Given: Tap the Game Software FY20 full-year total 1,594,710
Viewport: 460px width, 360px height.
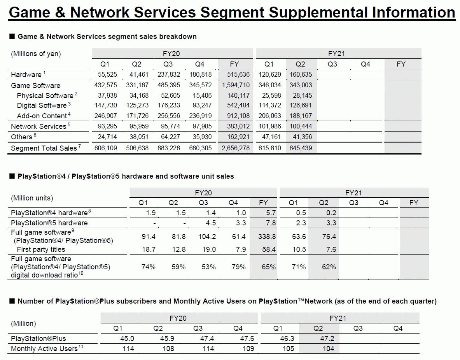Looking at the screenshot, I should (234, 85).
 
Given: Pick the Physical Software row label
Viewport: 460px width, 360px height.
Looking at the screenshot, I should (45, 95).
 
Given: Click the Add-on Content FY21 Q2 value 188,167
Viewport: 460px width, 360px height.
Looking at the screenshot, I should (300, 116).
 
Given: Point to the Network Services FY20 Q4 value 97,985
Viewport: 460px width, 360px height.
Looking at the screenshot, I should (201, 126).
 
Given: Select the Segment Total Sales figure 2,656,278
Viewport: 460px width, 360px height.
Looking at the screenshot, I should (234, 148).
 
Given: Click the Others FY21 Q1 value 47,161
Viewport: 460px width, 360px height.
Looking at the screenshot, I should (269, 137).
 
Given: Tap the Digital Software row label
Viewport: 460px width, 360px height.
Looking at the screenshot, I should (42, 105).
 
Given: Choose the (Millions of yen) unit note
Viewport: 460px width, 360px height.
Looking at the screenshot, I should (36, 54).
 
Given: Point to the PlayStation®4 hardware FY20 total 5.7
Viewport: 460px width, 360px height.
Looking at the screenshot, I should (263, 212).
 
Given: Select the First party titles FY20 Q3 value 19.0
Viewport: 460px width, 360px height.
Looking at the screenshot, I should (203, 249).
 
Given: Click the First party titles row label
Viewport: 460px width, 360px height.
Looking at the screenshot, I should (41, 249).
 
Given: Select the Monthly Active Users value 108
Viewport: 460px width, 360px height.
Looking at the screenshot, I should (168, 349).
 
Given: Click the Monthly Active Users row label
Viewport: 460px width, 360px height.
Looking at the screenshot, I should (44, 349).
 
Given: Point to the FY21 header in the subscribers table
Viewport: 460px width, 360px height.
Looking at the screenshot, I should (338, 318).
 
